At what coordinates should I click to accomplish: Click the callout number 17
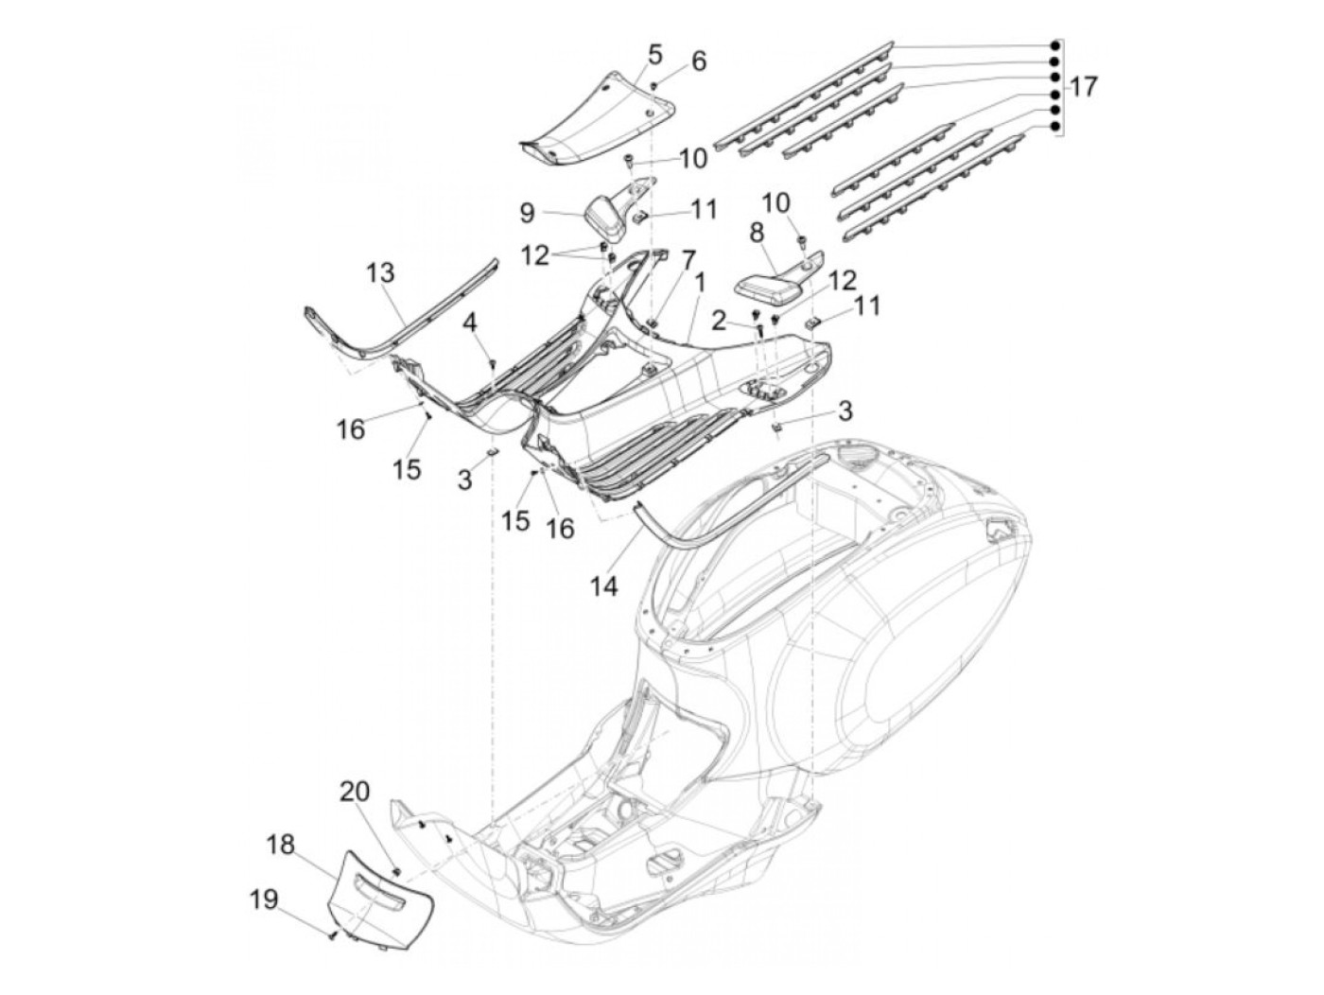pos(1082,87)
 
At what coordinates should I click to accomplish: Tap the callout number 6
pos(698,61)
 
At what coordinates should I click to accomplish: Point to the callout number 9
pos(527,213)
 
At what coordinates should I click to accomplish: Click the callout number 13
pos(380,272)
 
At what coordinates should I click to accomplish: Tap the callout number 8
pos(757,233)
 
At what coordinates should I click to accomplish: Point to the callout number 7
pos(688,260)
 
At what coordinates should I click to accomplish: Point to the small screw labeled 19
pos(331,951)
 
